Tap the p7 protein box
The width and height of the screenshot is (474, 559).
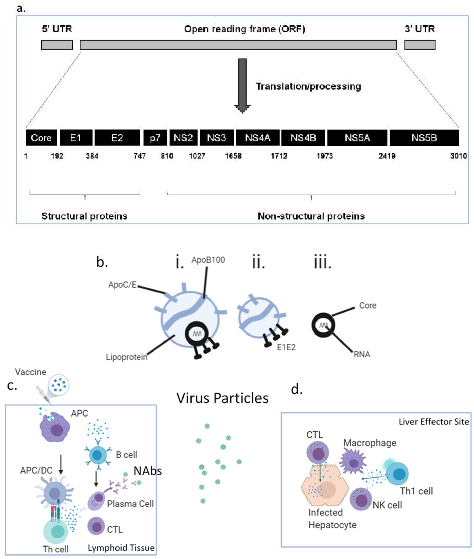click(x=155, y=138)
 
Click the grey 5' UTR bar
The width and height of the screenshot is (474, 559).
click(x=57, y=45)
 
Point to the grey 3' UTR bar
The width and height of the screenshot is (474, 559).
click(x=420, y=45)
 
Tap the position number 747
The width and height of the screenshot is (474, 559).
click(x=140, y=156)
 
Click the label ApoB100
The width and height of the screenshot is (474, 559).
click(x=208, y=260)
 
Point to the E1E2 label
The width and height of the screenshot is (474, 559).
click(x=286, y=347)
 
